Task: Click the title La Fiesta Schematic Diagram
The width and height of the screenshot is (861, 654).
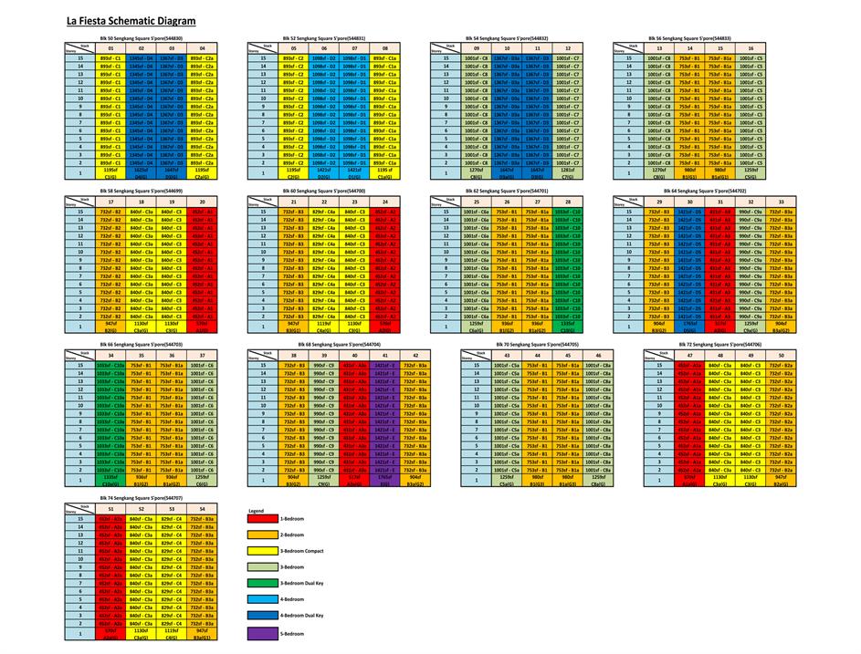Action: (x=126, y=18)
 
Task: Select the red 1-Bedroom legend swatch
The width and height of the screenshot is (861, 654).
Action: (x=264, y=518)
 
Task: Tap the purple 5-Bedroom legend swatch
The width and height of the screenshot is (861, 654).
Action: (x=264, y=632)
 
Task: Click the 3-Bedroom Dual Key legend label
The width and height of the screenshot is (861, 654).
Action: (x=306, y=583)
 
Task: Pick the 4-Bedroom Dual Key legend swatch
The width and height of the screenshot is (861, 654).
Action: (x=264, y=616)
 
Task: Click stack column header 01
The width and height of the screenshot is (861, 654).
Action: (x=110, y=48)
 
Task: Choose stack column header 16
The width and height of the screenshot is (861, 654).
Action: (x=751, y=48)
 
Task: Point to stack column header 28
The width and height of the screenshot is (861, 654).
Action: (x=567, y=202)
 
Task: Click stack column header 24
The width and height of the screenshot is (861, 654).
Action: (x=386, y=202)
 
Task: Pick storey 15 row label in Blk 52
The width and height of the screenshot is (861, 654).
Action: (x=262, y=58)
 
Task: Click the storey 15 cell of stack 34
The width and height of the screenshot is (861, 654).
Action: (x=110, y=365)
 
